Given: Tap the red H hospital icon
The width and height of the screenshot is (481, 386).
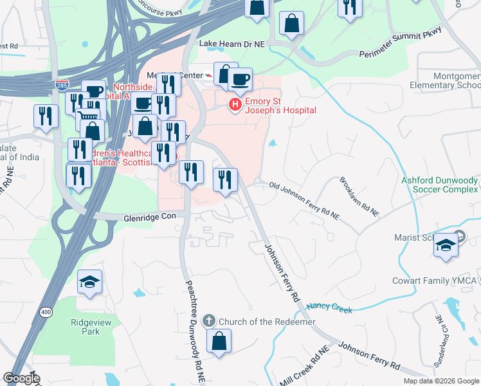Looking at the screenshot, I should point(235,104).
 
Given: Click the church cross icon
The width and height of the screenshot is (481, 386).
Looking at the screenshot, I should point(209,320).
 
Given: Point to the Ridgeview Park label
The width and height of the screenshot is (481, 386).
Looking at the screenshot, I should point(86,327).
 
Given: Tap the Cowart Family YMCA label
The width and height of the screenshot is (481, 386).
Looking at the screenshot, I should point(435,281).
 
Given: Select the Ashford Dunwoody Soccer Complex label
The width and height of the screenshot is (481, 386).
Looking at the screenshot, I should point(440,185).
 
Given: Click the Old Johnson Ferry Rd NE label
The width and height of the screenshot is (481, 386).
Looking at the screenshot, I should point(304,196).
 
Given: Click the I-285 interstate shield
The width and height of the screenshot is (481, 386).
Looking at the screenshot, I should point(62,84).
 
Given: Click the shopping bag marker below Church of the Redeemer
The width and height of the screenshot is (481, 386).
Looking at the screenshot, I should point(219,341).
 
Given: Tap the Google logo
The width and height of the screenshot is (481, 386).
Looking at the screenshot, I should point(21,378).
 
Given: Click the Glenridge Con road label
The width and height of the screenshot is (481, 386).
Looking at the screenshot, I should point(150,217).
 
